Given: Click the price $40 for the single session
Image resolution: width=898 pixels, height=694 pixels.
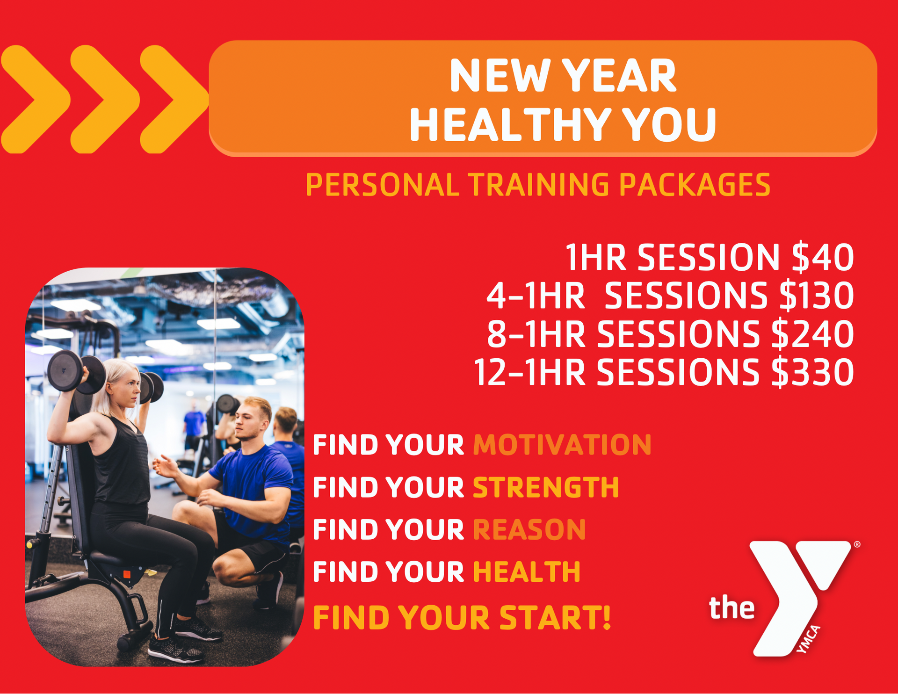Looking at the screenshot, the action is (x=823, y=258).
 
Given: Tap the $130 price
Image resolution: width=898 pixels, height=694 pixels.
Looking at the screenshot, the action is (x=817, y=296).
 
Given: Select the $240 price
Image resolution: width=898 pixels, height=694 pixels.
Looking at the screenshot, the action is (x=813, y=334).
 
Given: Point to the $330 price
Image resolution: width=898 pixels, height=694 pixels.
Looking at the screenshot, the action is (x=813, y=373).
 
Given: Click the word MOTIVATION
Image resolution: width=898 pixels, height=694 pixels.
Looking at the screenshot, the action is (x=562, y=445).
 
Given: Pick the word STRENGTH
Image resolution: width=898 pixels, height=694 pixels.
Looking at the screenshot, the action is (x=546, y=487).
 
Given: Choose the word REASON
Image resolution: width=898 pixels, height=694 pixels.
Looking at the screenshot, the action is (x=529, y=530).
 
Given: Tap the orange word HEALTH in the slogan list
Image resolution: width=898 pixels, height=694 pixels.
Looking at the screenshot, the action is (x=527, y=572).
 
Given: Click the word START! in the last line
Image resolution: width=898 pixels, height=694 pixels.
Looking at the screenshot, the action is (x=555, y=618).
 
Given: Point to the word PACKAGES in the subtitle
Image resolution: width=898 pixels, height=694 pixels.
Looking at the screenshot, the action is (x=695, y=185).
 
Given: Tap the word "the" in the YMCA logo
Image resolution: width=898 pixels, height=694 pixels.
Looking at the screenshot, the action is (x=732, y=607).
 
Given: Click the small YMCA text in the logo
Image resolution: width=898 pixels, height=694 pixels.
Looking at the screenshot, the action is (x=808, y=639).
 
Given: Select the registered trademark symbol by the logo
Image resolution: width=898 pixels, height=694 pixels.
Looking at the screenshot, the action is (x=857, y=544).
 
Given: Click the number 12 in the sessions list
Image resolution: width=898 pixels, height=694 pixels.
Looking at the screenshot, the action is (x=491, y=373).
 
